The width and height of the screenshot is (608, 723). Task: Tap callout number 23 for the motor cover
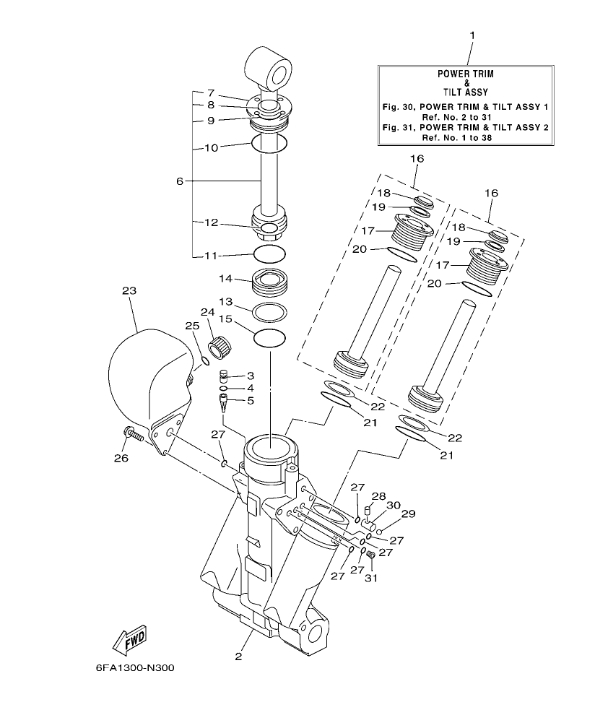tap(129, 291)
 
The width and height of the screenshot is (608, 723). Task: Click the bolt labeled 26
tap(134, 435)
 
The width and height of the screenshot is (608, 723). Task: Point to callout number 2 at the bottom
tap(238, 657)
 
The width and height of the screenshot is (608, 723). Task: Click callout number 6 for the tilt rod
tap(180, 181)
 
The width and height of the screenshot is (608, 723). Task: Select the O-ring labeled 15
tap(270, 337)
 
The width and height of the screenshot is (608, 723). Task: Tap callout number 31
tap(372, 577)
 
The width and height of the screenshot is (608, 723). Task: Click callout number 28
tap(376, 496)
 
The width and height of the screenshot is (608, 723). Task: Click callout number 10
tap(211, 147)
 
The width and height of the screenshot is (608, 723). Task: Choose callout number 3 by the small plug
tap(251, 376)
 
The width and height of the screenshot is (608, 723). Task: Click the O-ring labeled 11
tap(270, 254)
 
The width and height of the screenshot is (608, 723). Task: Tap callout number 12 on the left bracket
tap(211, 223)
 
